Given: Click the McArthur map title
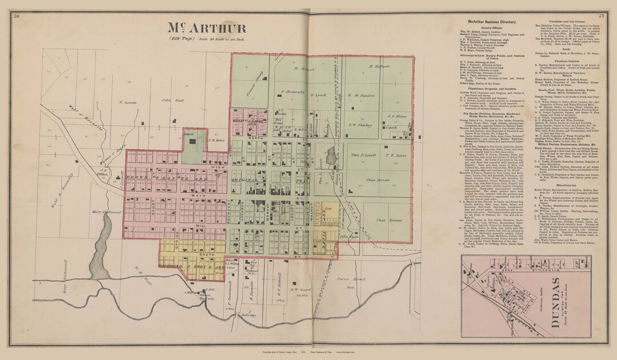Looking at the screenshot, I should [207, 29].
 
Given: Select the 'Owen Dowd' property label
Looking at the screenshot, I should [351, 279].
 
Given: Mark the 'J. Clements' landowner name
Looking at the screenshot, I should [291, 91].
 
